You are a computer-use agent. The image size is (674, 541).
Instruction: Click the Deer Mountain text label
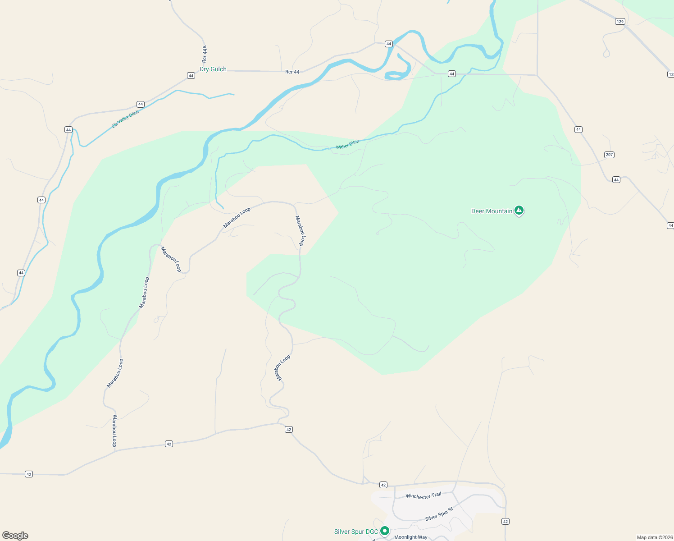tap(492, 211)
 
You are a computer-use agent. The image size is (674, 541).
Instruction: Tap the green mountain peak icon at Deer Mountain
tap(519, 210)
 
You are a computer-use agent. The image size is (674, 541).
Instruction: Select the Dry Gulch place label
tap(213, 69)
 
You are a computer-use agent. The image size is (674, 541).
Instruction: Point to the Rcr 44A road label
tap(205, 54)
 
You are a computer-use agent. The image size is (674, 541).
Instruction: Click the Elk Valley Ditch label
tap(125, 119)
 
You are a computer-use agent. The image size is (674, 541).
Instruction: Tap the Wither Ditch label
tap(347, 144)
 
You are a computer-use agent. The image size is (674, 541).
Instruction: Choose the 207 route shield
tap(609, 155)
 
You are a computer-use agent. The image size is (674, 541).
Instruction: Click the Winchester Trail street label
tap(424, 496)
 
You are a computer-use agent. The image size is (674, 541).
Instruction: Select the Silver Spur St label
tap(439, 514)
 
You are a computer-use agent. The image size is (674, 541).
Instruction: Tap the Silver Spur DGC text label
tap(356, 532)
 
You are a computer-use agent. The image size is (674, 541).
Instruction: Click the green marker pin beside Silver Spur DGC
tap(384, 531)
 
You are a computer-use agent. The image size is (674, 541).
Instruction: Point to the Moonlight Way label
tap(411, 537)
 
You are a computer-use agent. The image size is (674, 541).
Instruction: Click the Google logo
tap(15, 536)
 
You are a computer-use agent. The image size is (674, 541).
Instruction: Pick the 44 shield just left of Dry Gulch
tap(191, 76)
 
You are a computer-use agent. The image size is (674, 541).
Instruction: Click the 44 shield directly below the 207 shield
tap(616, 180)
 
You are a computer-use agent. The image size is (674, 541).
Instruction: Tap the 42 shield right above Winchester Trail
tap(383, 485)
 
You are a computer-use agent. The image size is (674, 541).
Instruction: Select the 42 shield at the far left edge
tap(29, 474)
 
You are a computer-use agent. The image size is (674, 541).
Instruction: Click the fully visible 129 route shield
tap(620, 22)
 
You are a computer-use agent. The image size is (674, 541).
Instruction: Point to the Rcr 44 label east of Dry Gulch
tap(292, 72)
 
